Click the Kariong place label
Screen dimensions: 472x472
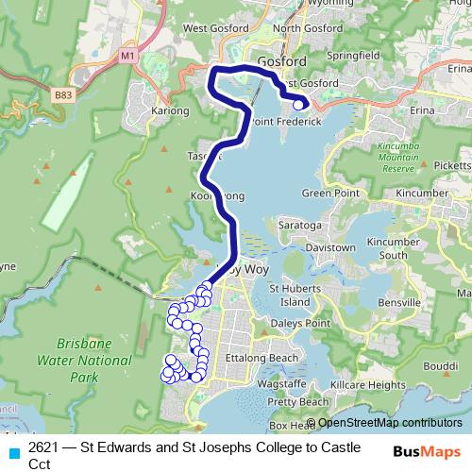pos(170,110)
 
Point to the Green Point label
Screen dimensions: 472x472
pos(326,193)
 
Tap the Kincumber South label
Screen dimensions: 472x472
pos(386,248)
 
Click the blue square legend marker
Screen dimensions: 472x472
pos(13,450)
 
